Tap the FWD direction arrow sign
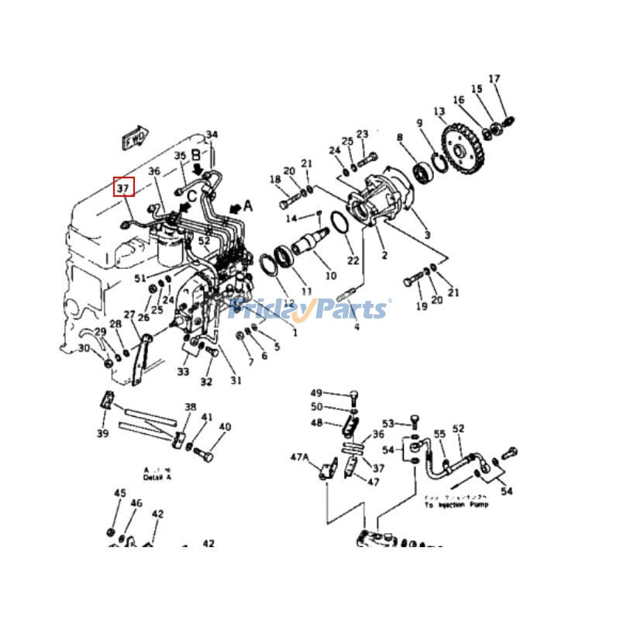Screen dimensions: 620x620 (133, 138)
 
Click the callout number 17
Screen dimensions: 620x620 (494, 79)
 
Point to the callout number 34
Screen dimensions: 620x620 (212, 135)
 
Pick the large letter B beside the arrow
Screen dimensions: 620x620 (196, 153)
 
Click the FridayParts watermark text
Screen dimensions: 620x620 (310, 309)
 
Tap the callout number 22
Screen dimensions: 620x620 (353, 260)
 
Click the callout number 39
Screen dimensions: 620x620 (102, 433)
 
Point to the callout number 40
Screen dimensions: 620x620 (225, 427)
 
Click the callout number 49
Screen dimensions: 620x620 (316, 393)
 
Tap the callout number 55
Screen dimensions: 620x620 (439, 434)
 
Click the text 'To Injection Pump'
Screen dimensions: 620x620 (456, 505)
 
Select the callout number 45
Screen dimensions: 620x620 (119, 493)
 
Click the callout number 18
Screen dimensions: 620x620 (275, 180)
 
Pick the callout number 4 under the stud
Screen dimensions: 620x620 (356, 327)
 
